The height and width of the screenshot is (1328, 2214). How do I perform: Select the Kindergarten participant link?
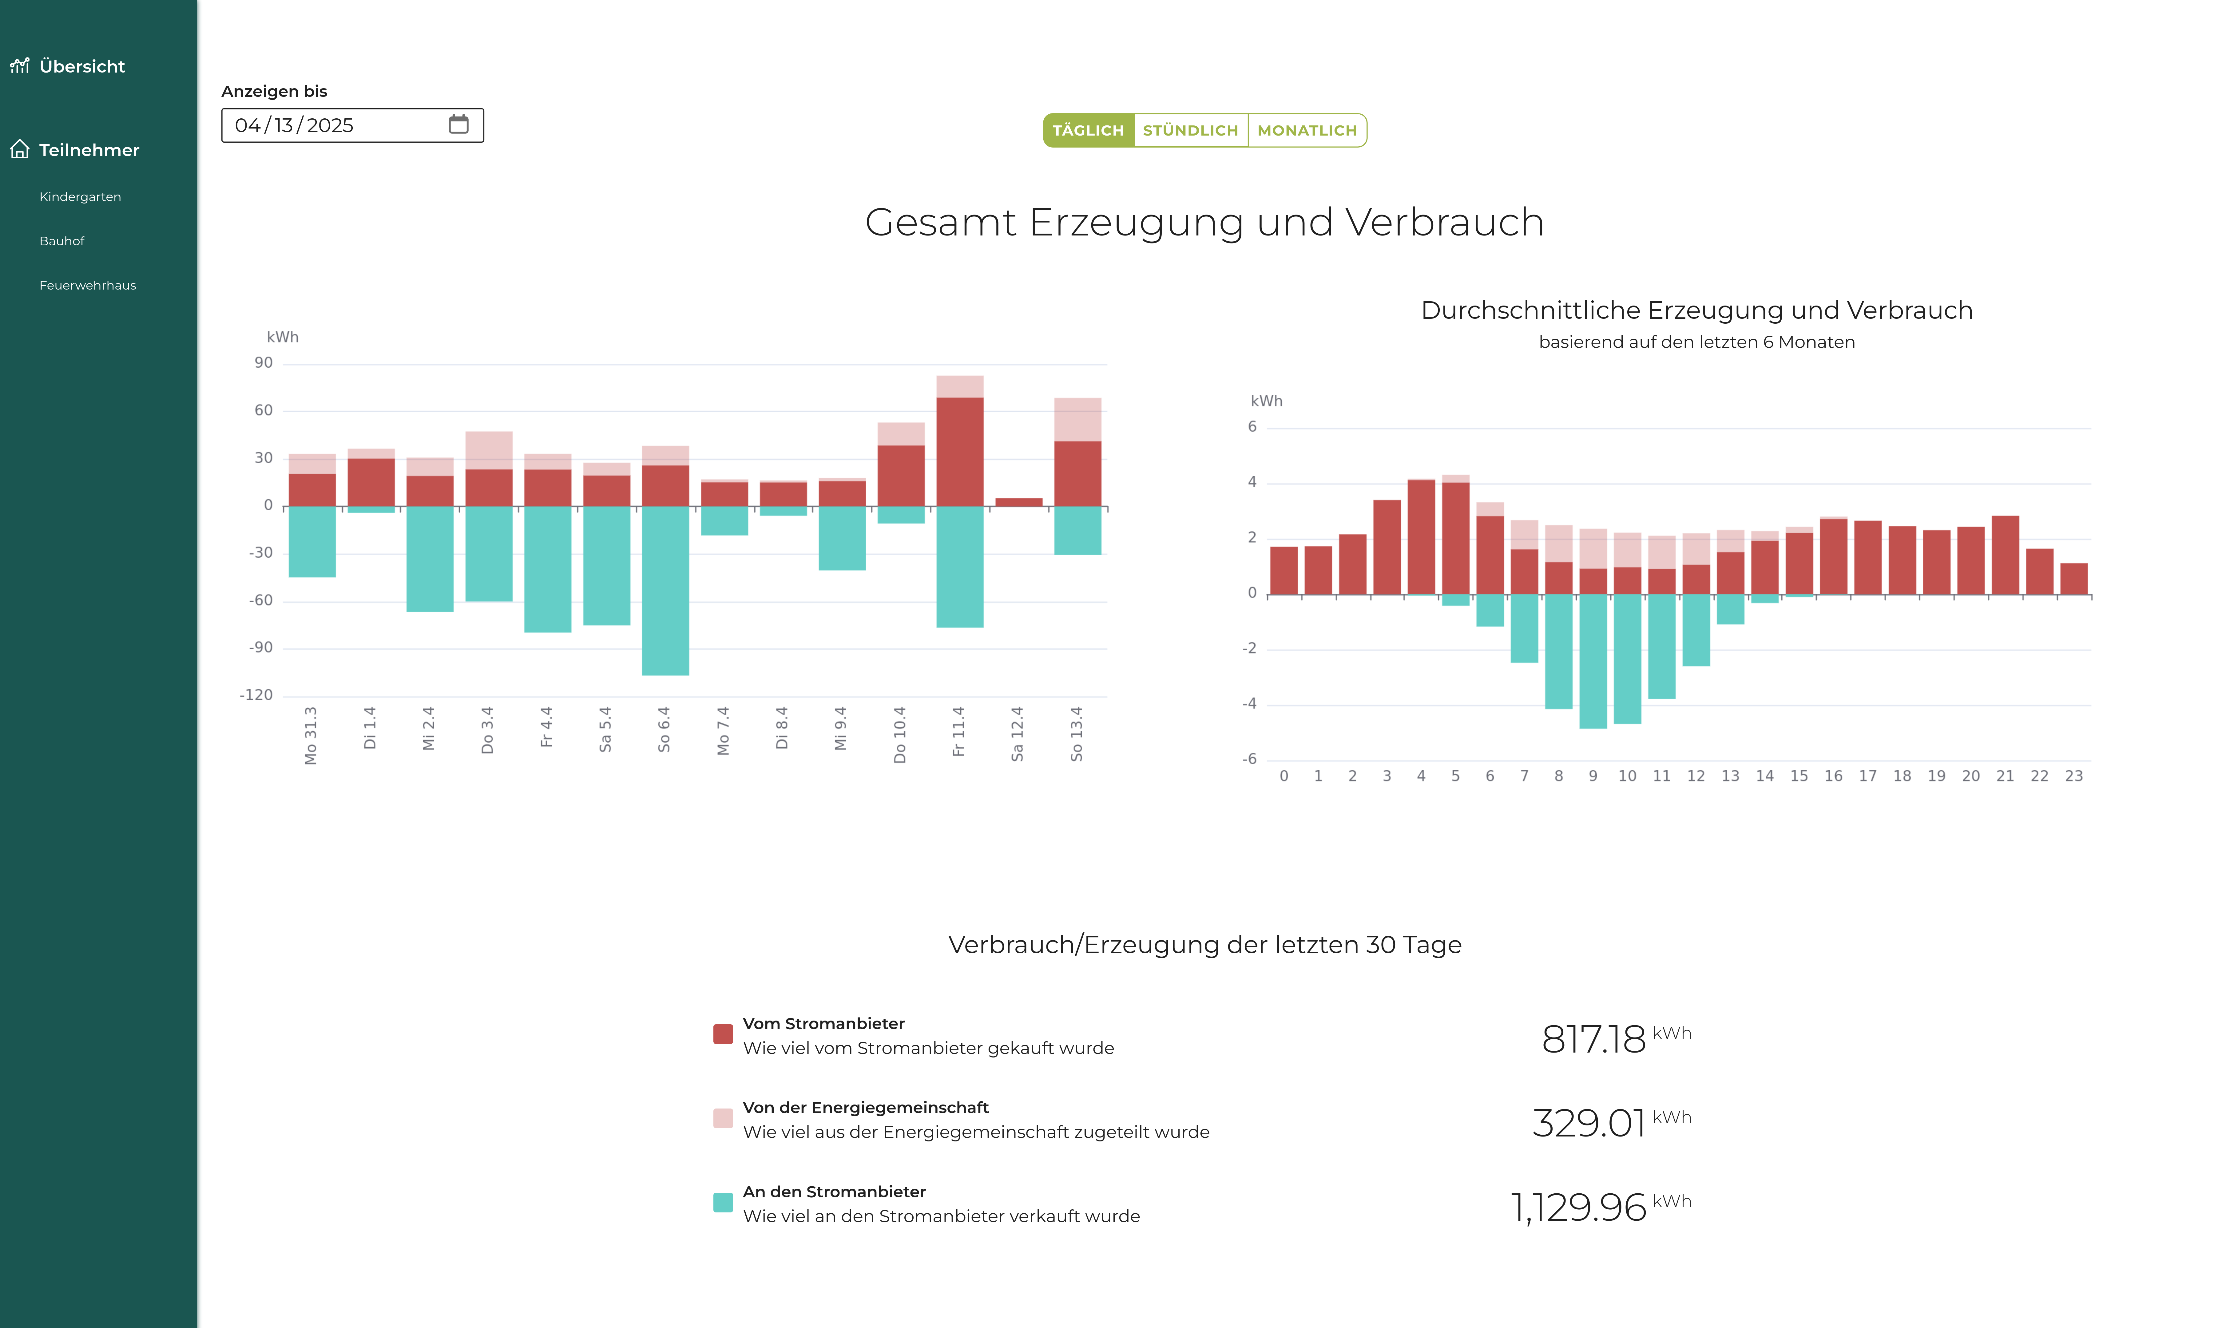coord(80,197)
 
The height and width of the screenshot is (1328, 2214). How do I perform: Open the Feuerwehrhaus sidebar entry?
coord(88,286)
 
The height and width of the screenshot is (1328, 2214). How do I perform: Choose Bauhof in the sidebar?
coord(62,241)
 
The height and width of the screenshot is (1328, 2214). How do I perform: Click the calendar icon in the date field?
coord(458,124)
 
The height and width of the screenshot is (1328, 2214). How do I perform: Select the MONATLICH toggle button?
coord(1307,131)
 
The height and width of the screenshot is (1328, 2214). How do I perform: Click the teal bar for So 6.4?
coord(665,591)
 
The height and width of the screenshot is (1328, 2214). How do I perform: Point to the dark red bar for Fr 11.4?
coord(959,452)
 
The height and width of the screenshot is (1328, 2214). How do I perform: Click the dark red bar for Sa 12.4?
coord(1018,502)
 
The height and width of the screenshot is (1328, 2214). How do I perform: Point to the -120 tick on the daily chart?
coord(256,695)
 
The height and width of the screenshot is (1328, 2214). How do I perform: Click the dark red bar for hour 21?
coord(2005,555)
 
